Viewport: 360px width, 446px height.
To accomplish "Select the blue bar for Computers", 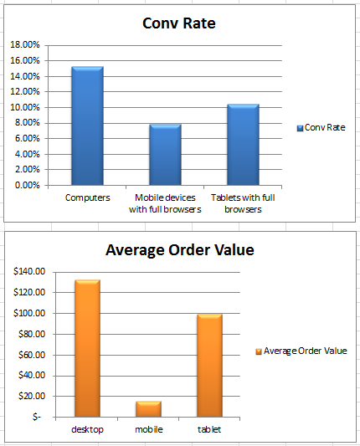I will (x=87, y=126).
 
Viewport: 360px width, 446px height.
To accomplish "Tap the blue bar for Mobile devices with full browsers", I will (x=165, y=155).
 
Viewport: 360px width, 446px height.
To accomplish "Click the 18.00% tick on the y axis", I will (x=23, y=44).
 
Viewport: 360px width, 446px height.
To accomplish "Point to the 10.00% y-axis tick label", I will (x=23, y=107).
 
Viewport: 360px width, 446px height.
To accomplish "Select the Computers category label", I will (x=87, y=198).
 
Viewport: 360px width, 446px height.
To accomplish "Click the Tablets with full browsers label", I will (x=243, y=203).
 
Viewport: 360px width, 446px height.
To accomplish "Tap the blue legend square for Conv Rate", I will (x=300, y=128).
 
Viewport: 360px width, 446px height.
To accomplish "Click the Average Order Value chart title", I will (x=179, y=250).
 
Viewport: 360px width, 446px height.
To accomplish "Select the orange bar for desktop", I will (x=87, y=348).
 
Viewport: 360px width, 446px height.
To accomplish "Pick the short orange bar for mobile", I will (x=149, y=408).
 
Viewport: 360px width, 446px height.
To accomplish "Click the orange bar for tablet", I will (x=210, y=365).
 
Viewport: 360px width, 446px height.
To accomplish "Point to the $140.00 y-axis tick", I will (x=30, y=272).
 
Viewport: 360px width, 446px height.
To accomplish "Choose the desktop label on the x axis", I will (x=87, y=429).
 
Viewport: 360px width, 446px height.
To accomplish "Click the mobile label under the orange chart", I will (x=149, y=429).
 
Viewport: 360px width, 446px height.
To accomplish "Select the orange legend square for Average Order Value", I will (x=258, y=351).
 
